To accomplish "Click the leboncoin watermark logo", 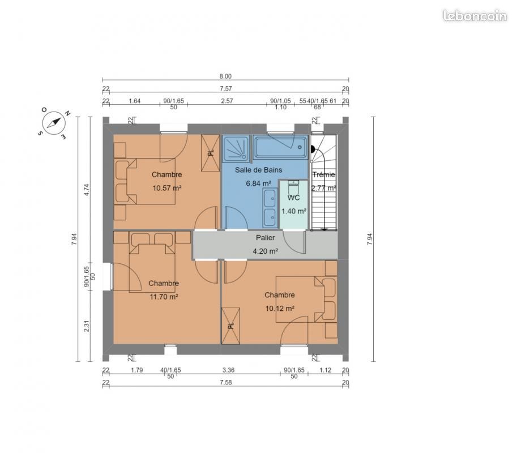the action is (475, 15).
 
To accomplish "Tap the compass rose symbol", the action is (53, 123).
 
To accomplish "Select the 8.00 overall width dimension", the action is (225, 76).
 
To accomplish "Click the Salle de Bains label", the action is (258, 170).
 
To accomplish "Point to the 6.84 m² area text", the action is (258, 183).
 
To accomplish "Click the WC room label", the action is (293, 198).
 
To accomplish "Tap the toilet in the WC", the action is (293, 188).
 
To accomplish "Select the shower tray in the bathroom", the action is (236, 148).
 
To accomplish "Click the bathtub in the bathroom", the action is (281, 147).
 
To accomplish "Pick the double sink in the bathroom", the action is (270, 208).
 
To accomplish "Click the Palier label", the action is (266, 237).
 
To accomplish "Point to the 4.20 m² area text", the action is (266, 251).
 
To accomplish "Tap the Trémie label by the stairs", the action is (324, 174).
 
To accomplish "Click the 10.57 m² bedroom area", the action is (167, 188).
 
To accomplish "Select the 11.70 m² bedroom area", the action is (164, 297).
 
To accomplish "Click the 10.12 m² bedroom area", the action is (280, 309).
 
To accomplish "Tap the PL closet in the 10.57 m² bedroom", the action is (210, 153).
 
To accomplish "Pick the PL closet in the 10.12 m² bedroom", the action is (231, 326).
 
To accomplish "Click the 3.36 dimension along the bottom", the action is (229, 370).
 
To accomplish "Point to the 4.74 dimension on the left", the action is (87, 190).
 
